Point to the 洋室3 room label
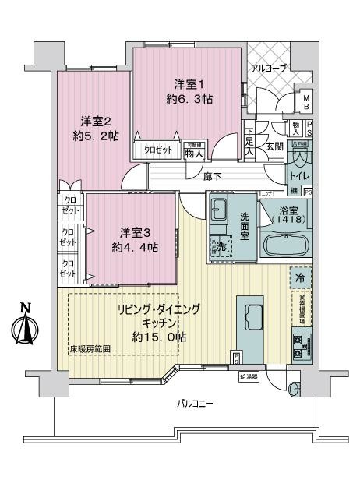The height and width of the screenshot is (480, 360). point(136,233)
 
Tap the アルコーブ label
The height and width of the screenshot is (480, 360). point(268,69)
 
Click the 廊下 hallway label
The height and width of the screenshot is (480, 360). point(210,176)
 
